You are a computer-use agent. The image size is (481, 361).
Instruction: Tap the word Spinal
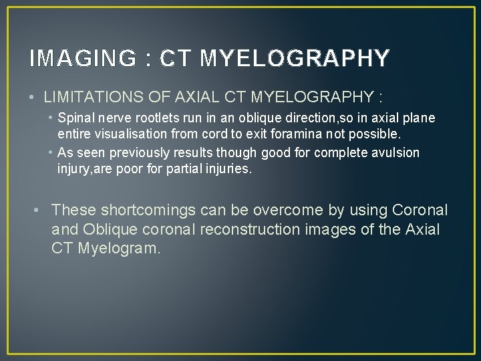coord(76,118)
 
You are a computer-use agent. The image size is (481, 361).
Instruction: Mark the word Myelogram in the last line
coord(120,249)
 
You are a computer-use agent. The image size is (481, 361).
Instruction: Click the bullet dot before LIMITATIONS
coord(33,98)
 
